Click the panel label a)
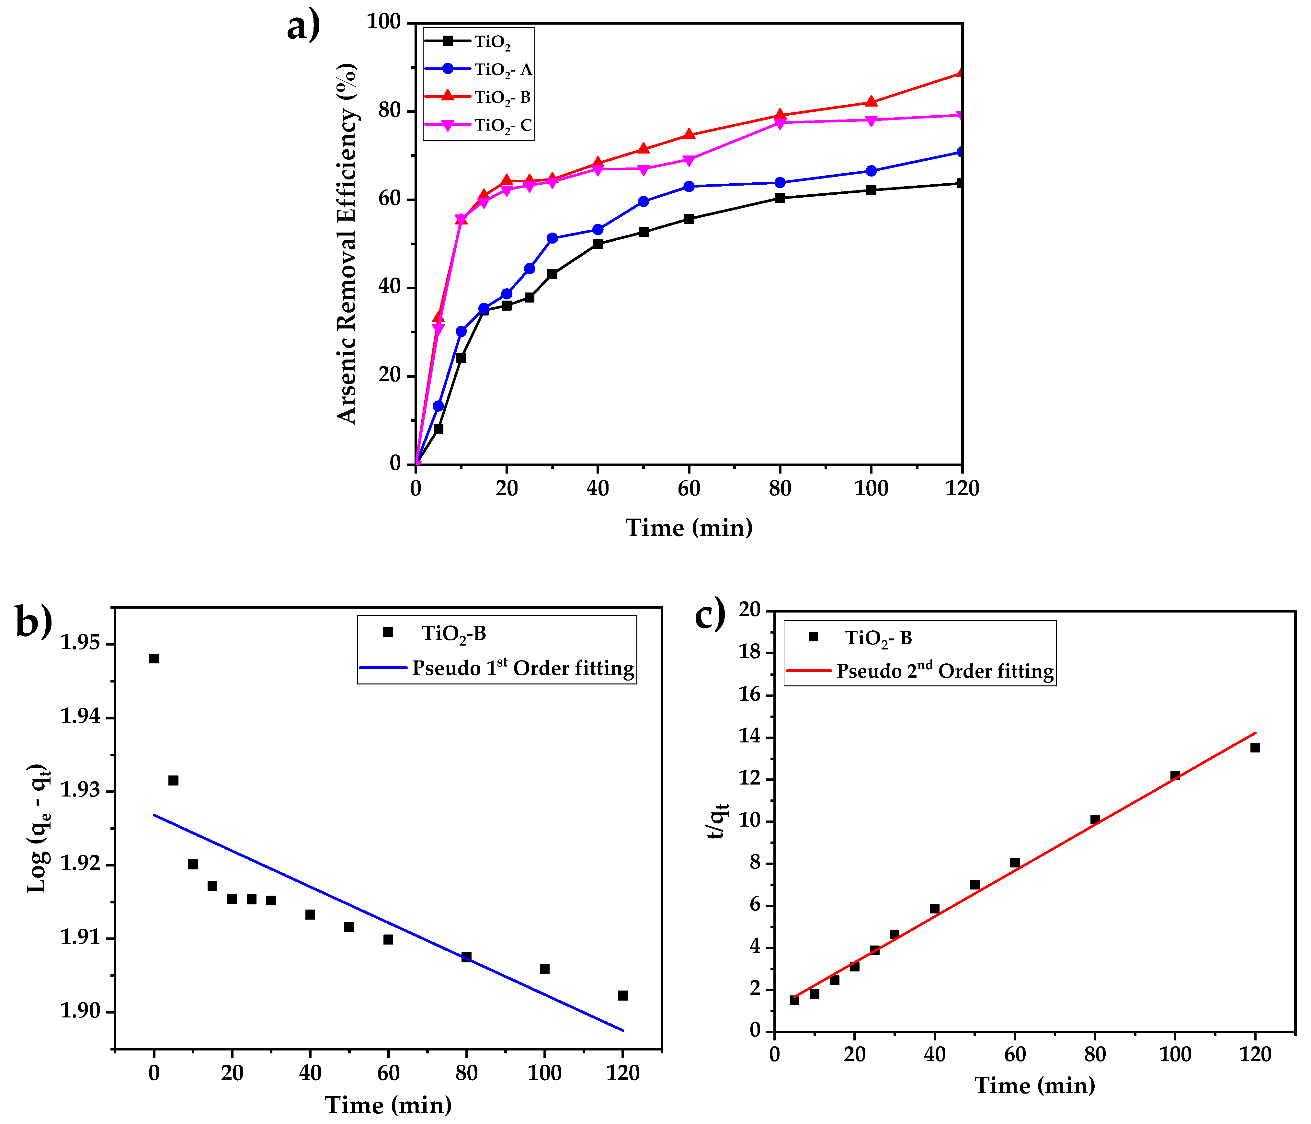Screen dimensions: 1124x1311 (304, 27)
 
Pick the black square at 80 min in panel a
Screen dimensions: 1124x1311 (780, 198)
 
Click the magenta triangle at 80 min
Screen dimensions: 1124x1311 (780, 123)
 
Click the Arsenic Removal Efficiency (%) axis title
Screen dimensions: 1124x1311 (347, 244)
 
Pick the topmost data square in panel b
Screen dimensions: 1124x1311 (154, 658)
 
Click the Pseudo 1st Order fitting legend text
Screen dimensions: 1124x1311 (523, 668)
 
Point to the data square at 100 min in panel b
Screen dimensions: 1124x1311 (544, 968)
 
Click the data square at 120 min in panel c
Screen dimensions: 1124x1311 (1255, 747)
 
